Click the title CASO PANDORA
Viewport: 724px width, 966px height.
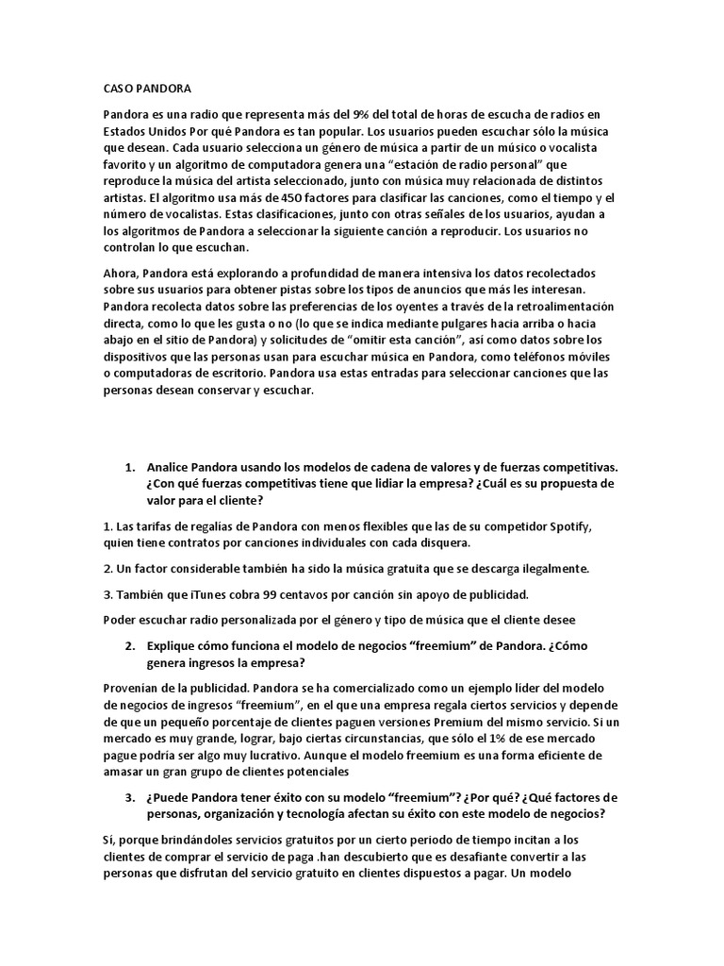click(146, 89)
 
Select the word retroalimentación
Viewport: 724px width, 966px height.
click(558, 307)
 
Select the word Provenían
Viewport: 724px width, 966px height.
click(134, 688)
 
